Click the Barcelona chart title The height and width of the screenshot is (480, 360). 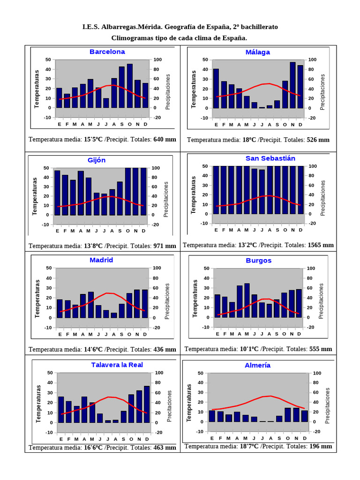coord(107,52)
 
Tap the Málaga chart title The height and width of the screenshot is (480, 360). coord(258,52)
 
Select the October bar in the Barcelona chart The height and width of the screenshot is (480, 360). coord(130,86)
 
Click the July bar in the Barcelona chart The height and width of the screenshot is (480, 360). coord(106,103)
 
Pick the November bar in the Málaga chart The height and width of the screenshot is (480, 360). coord(292,85)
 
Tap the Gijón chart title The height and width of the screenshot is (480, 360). coord(97,160)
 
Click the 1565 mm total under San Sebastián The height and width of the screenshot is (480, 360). coord(321,245)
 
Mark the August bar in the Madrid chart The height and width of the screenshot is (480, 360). coord(114,315)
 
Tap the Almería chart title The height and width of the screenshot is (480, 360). coord(257,365)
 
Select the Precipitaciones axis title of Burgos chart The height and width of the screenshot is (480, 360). coord(322,301)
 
